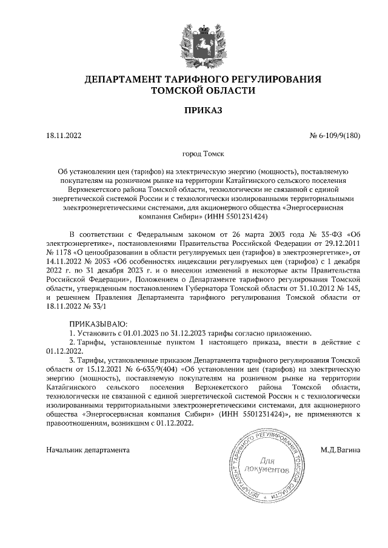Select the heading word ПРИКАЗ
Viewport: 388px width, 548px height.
pos(194,110)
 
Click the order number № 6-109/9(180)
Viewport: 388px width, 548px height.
pos(335,136)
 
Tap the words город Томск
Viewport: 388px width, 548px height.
pos(194,155)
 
